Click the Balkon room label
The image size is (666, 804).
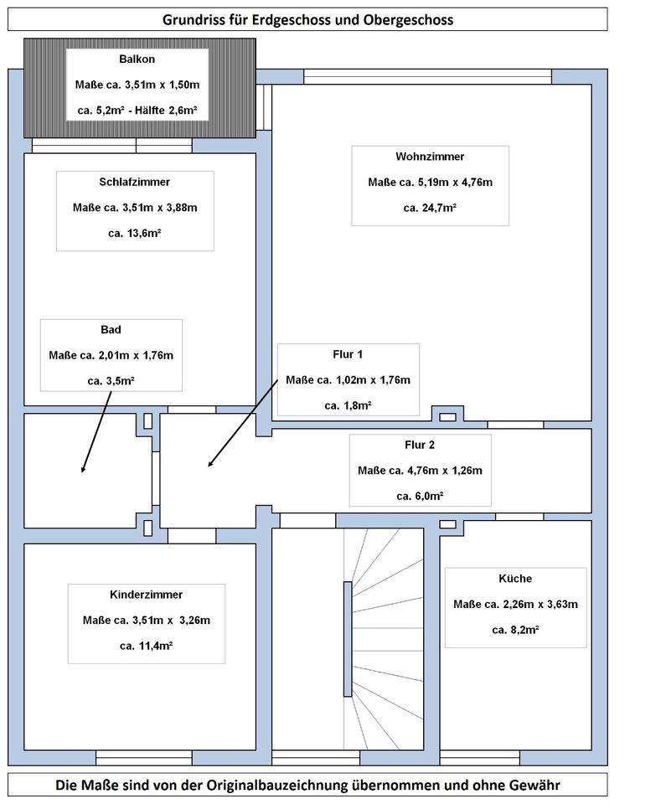137,59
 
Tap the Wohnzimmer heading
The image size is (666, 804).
430,157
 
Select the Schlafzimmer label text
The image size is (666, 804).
134,182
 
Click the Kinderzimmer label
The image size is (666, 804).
147,595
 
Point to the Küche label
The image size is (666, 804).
515,579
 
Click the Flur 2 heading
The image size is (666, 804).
420,445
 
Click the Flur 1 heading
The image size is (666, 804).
348,354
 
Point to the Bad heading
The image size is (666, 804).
111,330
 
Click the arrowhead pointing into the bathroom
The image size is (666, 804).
83,469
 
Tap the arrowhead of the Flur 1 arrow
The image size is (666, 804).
209,465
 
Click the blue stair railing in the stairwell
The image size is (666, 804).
348,639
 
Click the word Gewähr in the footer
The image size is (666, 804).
535,785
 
